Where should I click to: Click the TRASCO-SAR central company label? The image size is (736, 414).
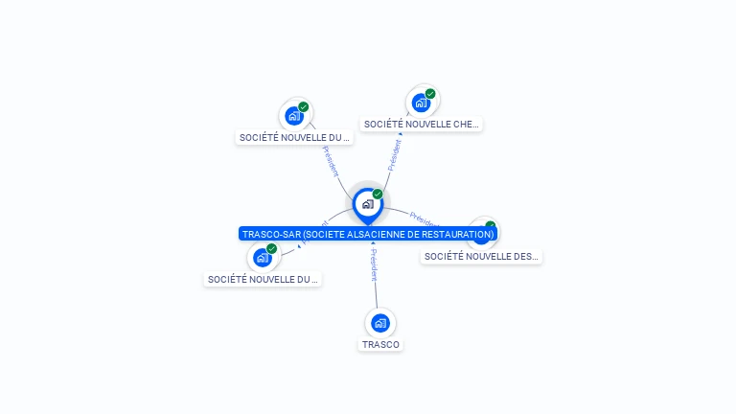click(368, 234)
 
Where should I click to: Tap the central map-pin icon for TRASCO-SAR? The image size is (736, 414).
click(367, 204)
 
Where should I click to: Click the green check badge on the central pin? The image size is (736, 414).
click(378, 195)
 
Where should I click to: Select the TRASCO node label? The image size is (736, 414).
click(380, 344)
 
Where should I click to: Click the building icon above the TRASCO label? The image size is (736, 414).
click(380, 323)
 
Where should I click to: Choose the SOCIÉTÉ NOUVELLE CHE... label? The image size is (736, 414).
click(421, 124)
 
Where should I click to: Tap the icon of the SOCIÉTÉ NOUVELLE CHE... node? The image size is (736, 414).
click(420, 103)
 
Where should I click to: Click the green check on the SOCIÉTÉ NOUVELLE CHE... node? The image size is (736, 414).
click(430, 94)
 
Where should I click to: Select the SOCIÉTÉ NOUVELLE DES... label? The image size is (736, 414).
click(481, 257)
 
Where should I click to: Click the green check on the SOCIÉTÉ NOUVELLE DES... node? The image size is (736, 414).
click(491, 227)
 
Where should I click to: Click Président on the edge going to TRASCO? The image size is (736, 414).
click(375, 265)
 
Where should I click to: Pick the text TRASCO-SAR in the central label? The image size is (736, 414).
click(270, 234)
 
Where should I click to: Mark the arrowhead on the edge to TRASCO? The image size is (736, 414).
click(373, 242)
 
